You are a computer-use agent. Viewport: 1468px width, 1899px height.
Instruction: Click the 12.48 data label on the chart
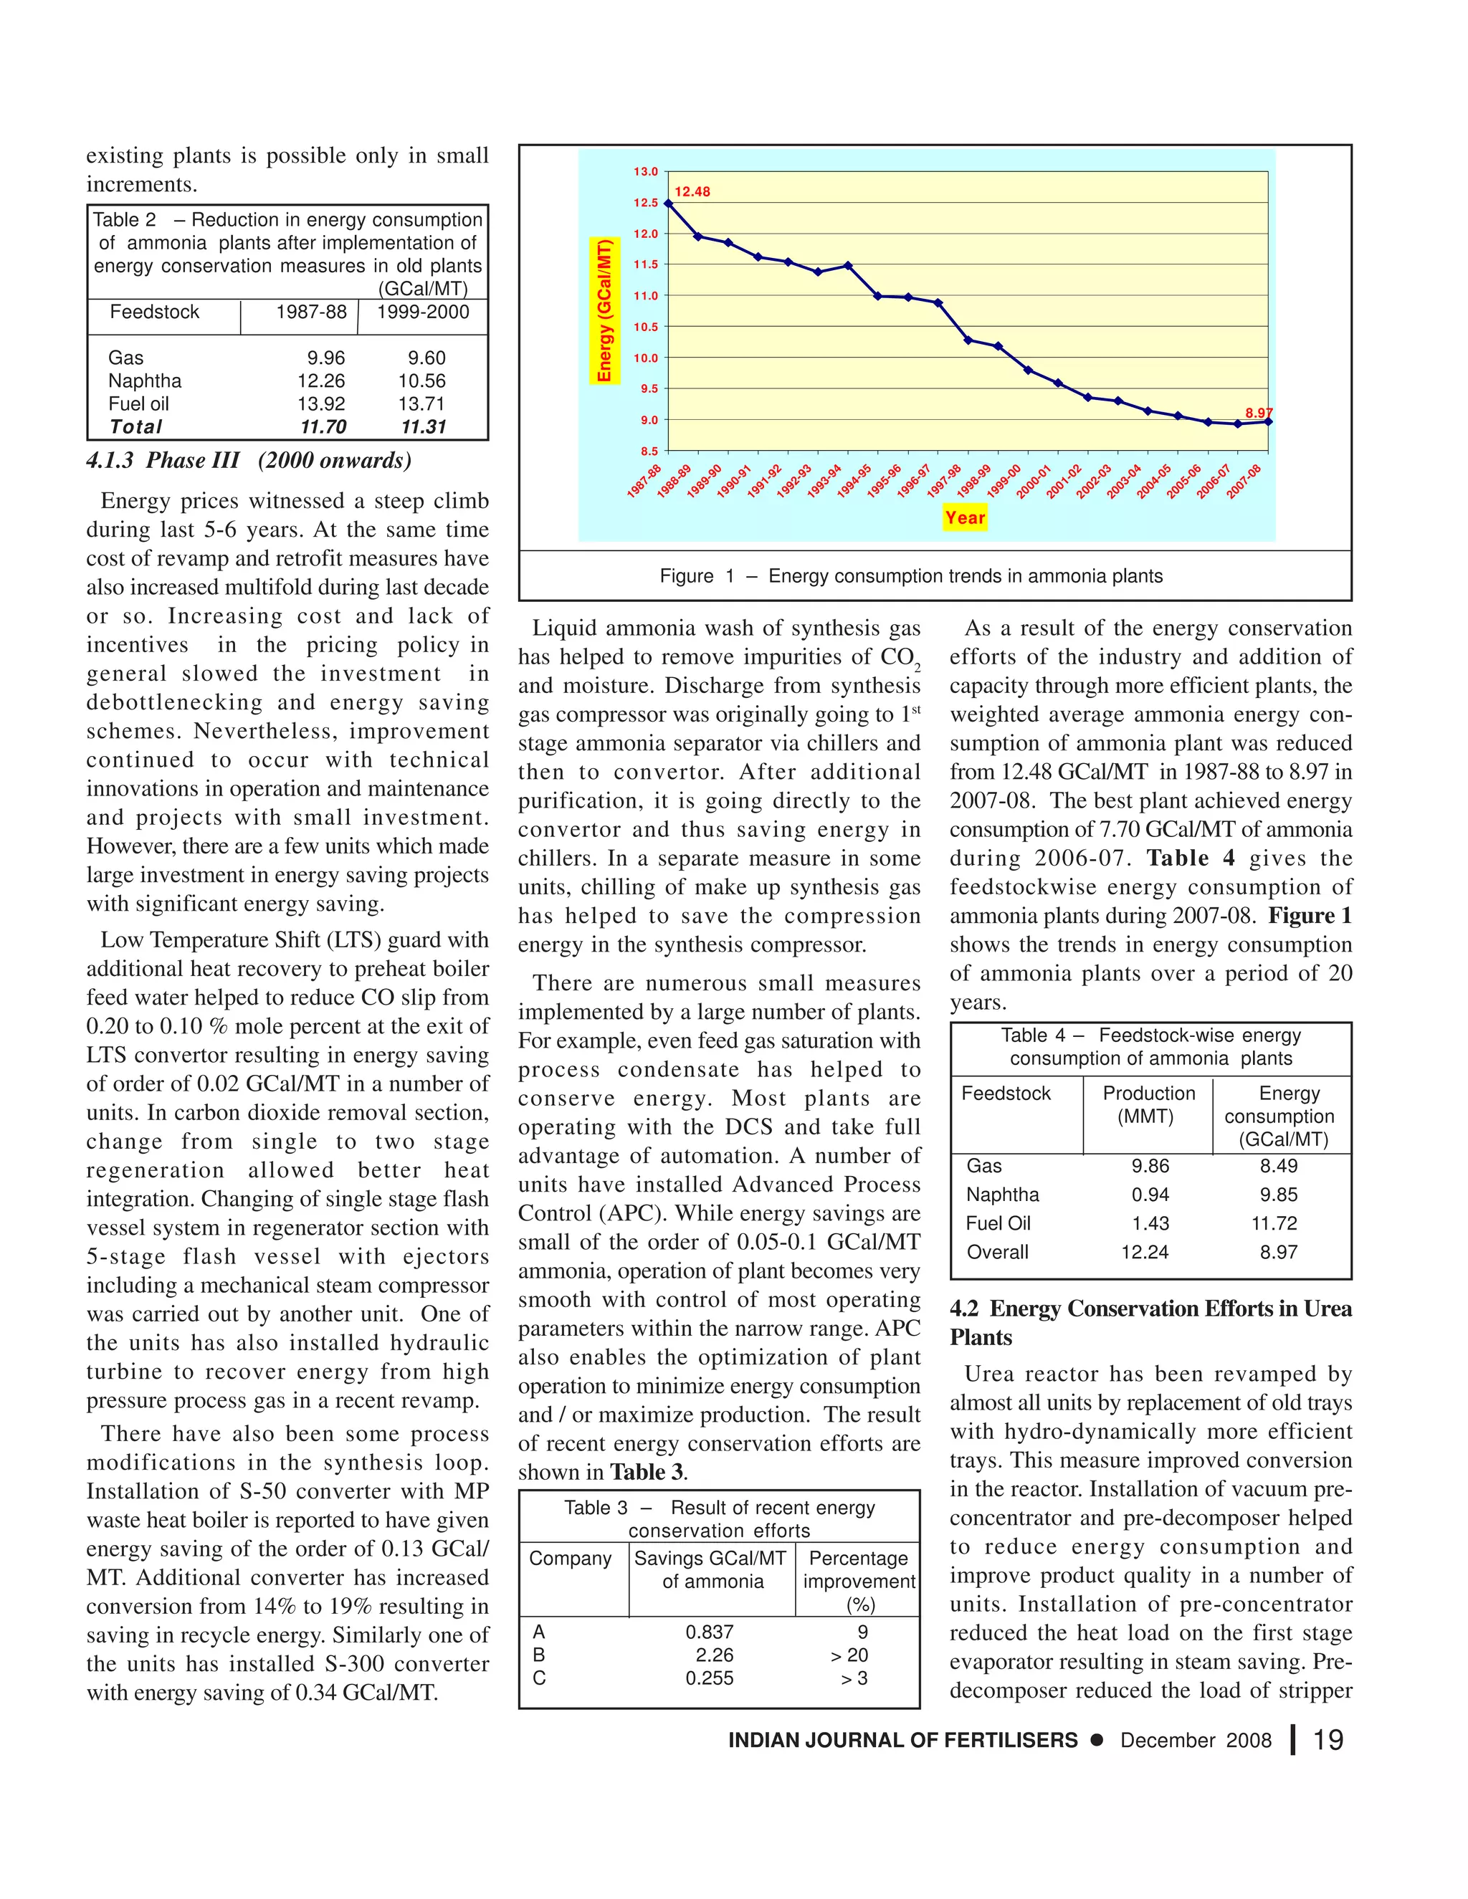(692, 192)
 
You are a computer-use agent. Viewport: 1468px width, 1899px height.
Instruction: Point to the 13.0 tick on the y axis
(645, 172)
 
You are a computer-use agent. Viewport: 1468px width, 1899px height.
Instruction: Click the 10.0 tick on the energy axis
(645, 358)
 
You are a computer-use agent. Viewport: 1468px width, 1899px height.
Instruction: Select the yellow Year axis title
(965, 517)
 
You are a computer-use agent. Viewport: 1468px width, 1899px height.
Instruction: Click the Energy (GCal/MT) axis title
(604, 310)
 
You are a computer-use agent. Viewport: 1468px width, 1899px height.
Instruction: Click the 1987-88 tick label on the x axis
(644, 482)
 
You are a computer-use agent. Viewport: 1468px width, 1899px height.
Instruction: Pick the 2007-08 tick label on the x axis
(1244, 482)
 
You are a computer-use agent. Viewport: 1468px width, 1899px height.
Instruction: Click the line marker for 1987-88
(668, 204)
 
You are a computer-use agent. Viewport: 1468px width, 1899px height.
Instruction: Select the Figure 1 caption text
(910, 575)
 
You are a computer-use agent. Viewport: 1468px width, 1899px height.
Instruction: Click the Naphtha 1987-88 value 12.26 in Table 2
(321, 381)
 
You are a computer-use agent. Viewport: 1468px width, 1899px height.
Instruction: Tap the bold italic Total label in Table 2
(135, 427)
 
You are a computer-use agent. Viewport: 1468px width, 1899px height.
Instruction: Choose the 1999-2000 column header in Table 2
(423, 312)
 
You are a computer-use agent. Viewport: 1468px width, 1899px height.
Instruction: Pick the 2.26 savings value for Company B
(714, 1655)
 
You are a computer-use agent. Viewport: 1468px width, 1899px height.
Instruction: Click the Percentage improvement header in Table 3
(858, 1581)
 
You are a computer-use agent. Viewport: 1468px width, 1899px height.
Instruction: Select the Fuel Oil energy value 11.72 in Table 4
(1274, 1223)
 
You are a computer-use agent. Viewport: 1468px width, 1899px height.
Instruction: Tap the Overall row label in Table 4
(998, 1252)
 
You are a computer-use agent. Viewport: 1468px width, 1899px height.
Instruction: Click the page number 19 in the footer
(1328, 1740)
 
